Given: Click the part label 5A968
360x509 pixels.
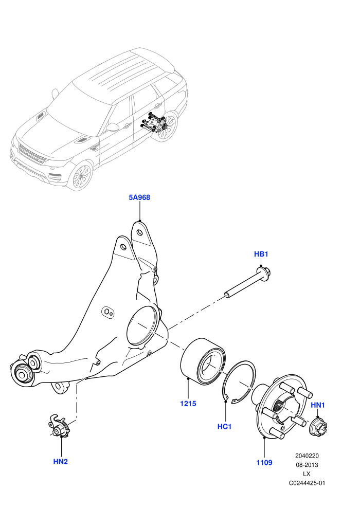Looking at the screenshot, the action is tap(139, 197).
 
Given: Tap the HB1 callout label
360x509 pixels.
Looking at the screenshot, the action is tap(261, 254).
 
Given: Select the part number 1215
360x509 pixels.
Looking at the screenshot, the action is tap(188, 404).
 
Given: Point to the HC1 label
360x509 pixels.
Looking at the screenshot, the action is tap(224, 426).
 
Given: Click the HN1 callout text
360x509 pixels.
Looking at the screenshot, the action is tap(318, 405).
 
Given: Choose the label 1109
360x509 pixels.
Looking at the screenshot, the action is tap(264, 463).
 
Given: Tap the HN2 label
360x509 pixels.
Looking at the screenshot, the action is tap(60, 461).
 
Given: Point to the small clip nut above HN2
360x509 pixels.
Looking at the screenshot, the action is tap(60, 426).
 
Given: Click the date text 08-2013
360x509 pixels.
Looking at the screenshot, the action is tap(307, 465).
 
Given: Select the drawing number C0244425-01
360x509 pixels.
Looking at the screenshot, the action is tap(307, 483).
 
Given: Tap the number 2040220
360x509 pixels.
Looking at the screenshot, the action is tap(307, 456).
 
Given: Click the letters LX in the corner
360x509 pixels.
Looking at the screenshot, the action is tap(307, 474).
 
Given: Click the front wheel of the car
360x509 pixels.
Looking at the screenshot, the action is tap(81, 176).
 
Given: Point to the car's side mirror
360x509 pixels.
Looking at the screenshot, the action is tap(112, 127).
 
